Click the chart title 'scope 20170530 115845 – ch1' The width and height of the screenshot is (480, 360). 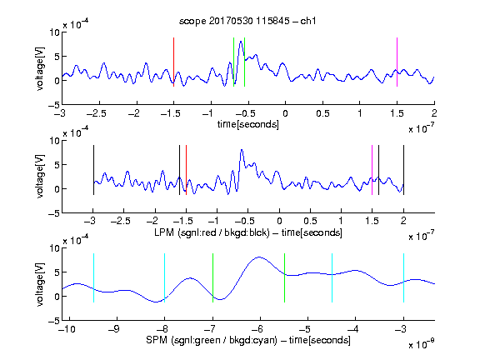click(x=247, y=21)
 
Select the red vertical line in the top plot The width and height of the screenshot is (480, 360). click(x=173, y=62)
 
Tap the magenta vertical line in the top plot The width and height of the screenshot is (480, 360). click(x=397, y=62)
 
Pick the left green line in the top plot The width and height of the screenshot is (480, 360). click(x=233, y=62)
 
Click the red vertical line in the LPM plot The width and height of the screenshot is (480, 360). click(x=186, y=170)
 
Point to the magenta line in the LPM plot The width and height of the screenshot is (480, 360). click(x=372, y=170)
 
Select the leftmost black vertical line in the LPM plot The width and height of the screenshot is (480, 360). click(x=93, y=170)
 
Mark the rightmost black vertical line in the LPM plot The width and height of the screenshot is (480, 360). click(x=403, y=170)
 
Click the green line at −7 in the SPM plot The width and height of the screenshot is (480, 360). click(x=212, y=278)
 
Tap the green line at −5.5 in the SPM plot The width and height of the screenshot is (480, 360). click(x=284, y=278)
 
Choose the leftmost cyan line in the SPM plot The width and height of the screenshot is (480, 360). click(x=93, y=278)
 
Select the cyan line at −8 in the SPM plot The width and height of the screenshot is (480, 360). click(x=165, y=278)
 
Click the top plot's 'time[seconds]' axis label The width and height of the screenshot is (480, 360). click(x=248, y=124)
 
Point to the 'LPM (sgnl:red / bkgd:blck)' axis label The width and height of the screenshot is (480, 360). click(x=212, y=232)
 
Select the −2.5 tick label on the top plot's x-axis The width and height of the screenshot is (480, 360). click(x=97, y=113)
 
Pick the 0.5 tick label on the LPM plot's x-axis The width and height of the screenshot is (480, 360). click(x=310, y=221)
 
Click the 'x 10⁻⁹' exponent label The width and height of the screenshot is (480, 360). click(x=421, y=344)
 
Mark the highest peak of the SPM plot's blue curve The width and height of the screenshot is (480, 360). click(x=259, y=257)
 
